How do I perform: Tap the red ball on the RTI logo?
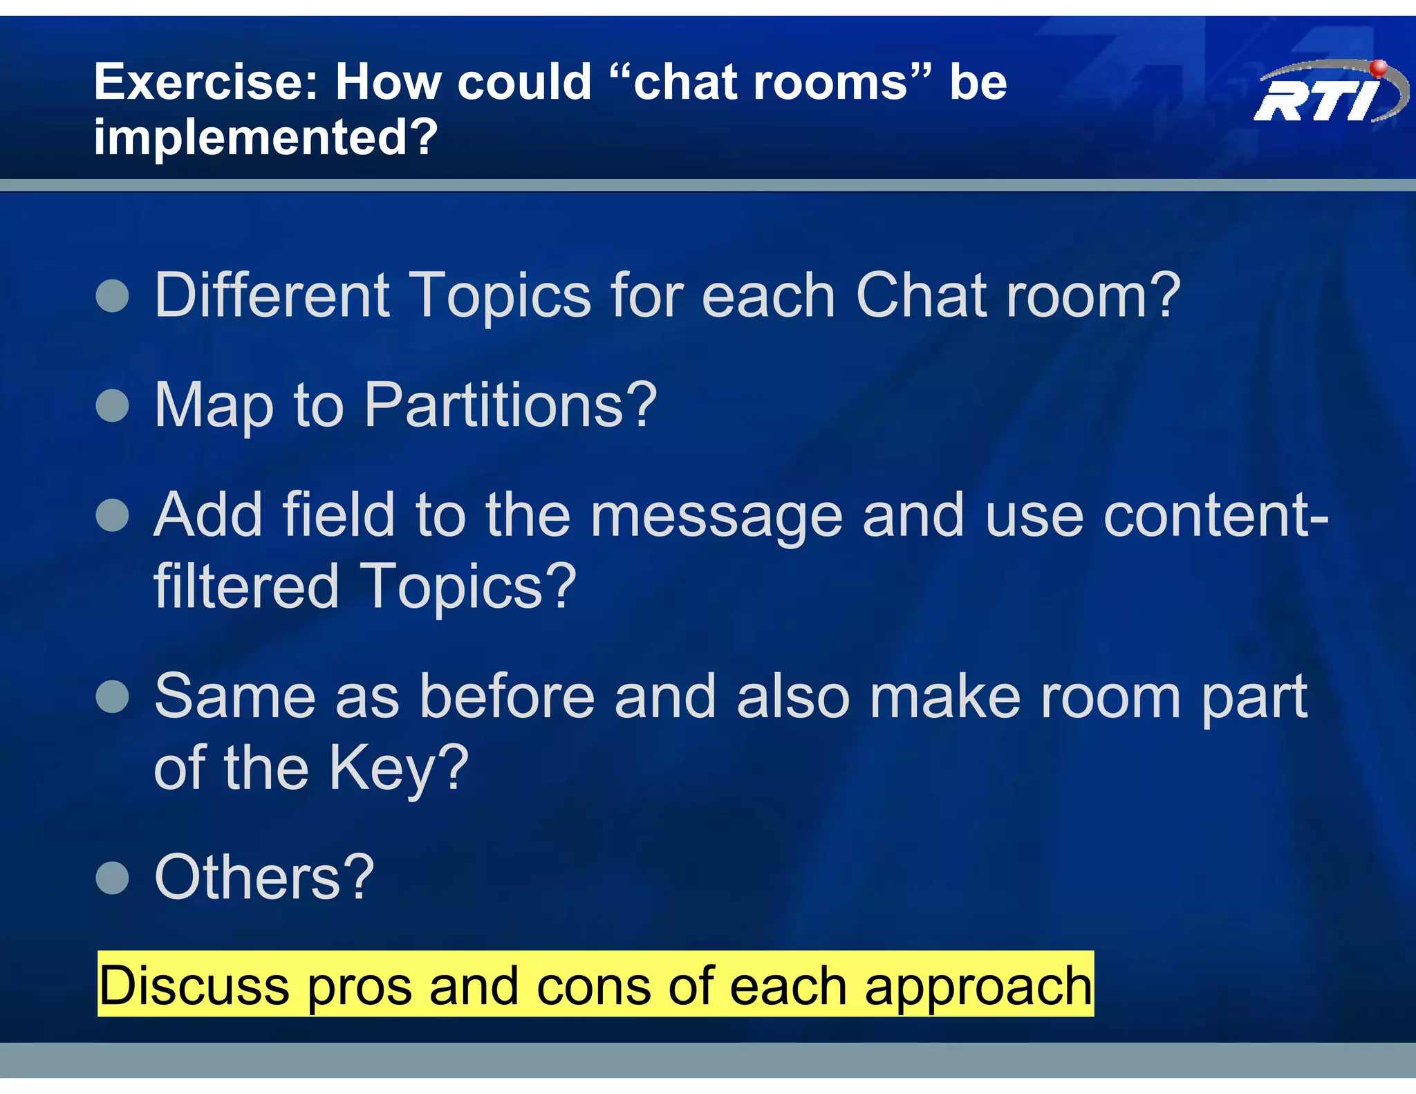pos(1379,68)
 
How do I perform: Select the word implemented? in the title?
pos(265,137)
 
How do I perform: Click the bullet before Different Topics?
pos(113,297)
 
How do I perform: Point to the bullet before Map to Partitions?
pos(113,405)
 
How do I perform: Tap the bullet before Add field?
pos(113,515)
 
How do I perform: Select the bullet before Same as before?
pos(113,696)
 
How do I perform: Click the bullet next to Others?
pos(113,878)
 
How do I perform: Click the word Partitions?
pos(510,405)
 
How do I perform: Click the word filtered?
pos(245,586)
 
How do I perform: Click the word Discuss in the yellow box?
pos(194,985)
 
